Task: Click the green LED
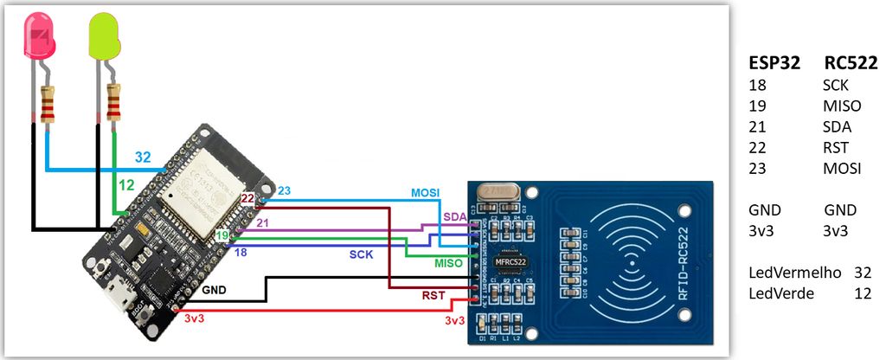[x=104, y=37]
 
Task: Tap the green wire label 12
[x=126, y=185]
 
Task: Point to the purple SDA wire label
[x=453, y=215]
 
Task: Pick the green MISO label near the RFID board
[x=447, y=263]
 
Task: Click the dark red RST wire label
[x=434, y=295]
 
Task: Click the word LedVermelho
[x=794, y=273]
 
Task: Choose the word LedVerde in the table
[x=782, y=293]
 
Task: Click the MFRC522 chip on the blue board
[x=510, y=260]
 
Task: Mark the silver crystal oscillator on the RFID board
[x=499, y=192]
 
